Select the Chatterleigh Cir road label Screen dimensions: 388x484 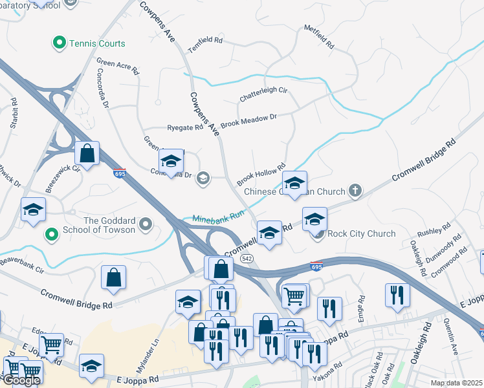tap(263, 94)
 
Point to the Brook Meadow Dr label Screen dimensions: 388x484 tap(248, 120)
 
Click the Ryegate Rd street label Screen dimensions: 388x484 tap(185, 128)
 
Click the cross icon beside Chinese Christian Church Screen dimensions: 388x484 tap(354, 191)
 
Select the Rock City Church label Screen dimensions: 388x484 tap(361, 233)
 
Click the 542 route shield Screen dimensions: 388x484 tap(246, 258)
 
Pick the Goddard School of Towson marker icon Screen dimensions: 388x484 tap(146, 225)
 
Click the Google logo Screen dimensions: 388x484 tap(21, 380)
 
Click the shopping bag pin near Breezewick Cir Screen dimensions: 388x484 tap(87, 154)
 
